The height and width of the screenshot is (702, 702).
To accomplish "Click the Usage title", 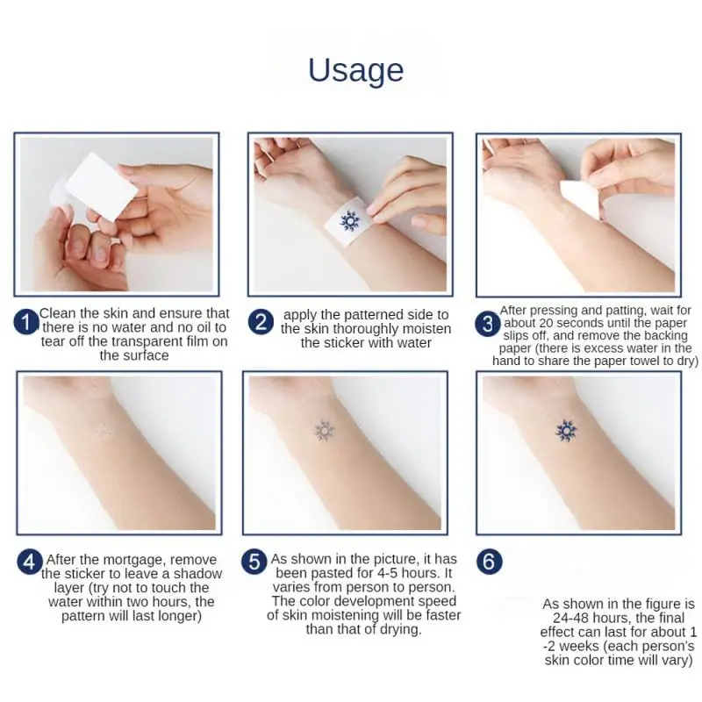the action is coord(356,70).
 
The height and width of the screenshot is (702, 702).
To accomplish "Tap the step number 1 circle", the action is coord(26,322).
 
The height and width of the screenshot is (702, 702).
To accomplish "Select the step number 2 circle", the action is coord(261,322).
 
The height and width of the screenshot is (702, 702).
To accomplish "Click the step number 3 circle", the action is coord(487,323).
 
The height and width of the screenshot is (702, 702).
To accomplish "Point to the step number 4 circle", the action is coord(30,562).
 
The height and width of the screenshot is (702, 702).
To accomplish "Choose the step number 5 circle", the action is coord(254,562).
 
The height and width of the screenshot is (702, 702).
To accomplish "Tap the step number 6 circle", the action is coord(489,562).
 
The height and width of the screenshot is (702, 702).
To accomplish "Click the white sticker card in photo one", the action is coord(101,187).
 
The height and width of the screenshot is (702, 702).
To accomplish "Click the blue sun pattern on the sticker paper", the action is coord(349,221).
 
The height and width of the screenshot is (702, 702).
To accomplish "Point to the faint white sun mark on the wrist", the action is coord(104,432).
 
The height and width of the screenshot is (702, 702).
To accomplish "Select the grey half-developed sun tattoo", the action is coord(323,431).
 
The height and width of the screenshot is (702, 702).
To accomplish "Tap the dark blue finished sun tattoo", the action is coord(566,432).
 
